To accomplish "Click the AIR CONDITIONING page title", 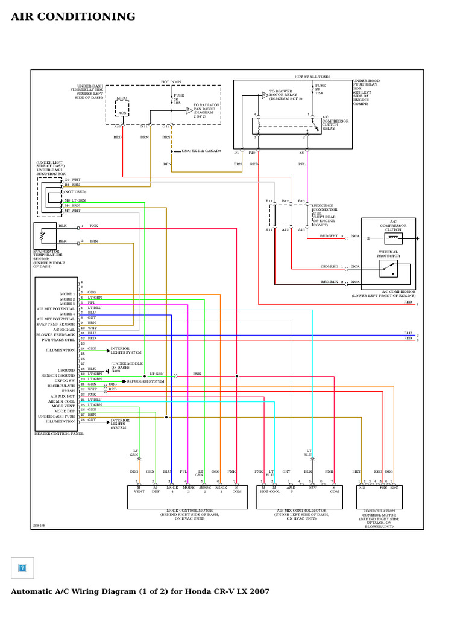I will tap(73, 16).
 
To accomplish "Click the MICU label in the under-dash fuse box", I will tap(122, 97).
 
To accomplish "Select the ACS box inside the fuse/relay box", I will tap(122, 112).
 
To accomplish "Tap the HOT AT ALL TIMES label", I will tap(312, 77).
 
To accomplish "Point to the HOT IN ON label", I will tap(171, 81).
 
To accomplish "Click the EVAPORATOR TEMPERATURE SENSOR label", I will tap(48, 255).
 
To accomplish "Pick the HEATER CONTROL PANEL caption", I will tap(58, 433).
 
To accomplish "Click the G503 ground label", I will tap(116, 371).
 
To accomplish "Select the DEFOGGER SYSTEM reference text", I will tap(144, 381).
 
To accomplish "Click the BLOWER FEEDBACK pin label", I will tap(55, 334).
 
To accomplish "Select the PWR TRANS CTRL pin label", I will tap(58, 339).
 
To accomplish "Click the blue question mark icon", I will tap(22, 568).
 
